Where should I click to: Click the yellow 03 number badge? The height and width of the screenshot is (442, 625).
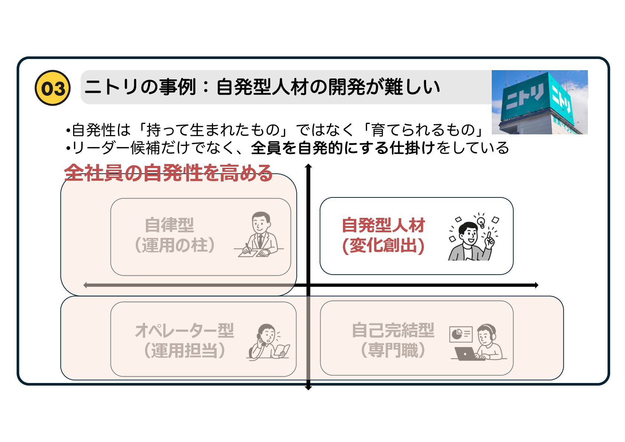tap(53, 88)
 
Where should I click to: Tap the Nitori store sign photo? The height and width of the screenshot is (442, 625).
tap(539, 102)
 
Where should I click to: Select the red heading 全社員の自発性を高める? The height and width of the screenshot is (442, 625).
tap(168, 173)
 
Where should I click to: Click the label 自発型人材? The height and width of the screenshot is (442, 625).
tap(383, 225)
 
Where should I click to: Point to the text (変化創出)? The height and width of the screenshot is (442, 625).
tap(383, 245)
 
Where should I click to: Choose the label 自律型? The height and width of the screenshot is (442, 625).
tap(169, 225)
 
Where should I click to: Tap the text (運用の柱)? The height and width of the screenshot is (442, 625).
tap(174, 245)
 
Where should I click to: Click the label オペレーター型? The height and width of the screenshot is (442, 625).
tap(184, 330)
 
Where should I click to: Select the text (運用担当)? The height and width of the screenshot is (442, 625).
tap(184, 350)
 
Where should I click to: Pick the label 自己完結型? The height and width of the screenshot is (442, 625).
tap(393, 330)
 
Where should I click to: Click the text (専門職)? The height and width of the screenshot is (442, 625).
tap(393, 350)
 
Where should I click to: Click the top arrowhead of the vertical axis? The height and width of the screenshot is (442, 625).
tap(308, 167)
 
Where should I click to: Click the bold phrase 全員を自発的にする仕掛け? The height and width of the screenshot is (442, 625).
tap(343, 148)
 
